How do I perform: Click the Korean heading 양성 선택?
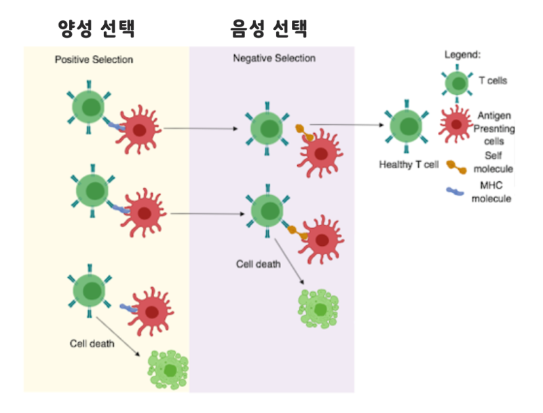coord(97,29)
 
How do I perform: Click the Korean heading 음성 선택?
coord(269,29)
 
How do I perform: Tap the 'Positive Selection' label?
coord(94,60)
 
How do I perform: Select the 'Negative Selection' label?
coord(274,58)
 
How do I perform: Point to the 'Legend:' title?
coord(463,54)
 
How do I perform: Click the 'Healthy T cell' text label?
coord(410,164)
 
